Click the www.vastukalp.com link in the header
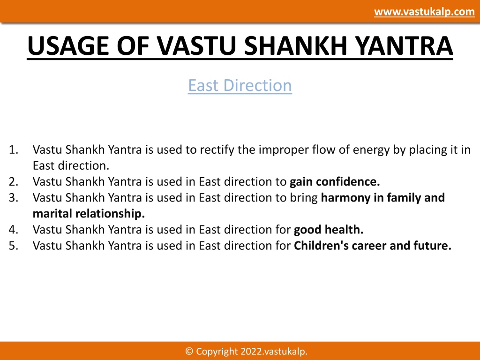(424, 12)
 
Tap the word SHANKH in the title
(296, 45)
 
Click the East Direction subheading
(240, 85)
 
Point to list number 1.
(14, 150)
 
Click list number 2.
(14, 181)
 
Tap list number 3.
(14, 197)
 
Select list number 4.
(14, 230)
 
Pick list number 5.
(14, 246)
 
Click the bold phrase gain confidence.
(335, 181)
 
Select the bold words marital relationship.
(89, 214)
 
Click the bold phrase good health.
(329, 230)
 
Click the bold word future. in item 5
(433, 246)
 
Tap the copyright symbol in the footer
(189, 351)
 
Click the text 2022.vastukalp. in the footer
(274, 352)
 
